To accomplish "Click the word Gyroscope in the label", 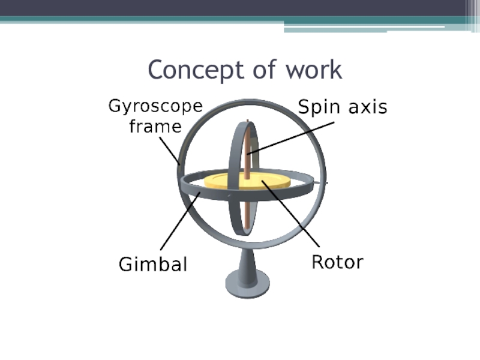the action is (155, 108).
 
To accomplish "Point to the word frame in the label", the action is (155, 127).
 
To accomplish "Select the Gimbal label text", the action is (153, 264).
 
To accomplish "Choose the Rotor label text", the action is (337, 262).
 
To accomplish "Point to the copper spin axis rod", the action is (247, 204).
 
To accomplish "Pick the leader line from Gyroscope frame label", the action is (169, 150).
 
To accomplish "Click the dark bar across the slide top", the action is (240, 8).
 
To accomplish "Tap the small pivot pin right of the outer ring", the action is (327, 181).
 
